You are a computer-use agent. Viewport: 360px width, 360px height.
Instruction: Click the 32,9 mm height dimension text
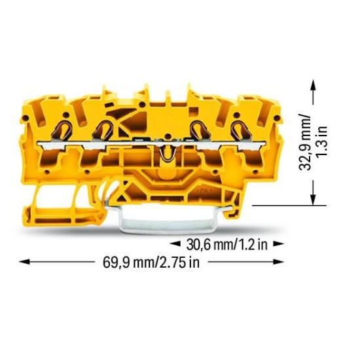point(306,142)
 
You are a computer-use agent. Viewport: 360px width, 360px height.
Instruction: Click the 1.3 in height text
point(321,142)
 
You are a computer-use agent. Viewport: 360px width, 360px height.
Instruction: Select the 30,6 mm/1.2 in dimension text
point(227,245)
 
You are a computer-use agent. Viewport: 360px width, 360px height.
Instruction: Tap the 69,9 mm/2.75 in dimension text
point(151,262)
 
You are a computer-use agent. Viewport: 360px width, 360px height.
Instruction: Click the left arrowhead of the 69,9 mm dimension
point(25,262)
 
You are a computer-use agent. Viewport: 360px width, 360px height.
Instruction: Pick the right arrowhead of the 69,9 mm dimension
point(278,262)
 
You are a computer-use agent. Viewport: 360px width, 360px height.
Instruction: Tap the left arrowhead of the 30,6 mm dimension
point(175,244)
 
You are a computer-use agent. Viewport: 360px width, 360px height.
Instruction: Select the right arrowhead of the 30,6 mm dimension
point(278,244)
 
